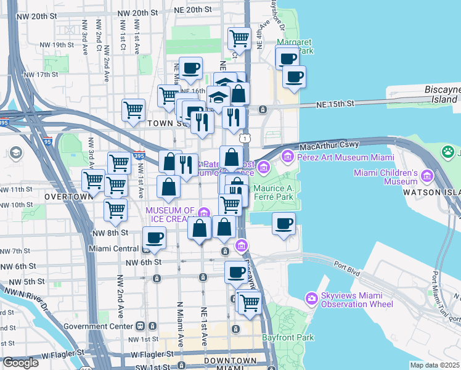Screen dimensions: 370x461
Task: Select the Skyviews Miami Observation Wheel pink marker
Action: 312,298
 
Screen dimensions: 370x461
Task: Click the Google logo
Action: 20,363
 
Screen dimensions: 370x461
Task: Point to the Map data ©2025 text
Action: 434,365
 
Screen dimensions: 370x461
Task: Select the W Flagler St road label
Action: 62,354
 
